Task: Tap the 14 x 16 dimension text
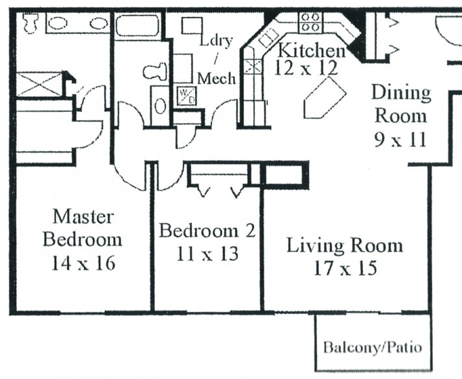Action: [x=83, y=263]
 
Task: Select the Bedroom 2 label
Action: [x=208, y=230]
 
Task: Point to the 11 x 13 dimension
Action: [x=208, y=254]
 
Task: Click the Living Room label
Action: [x=345, y=246]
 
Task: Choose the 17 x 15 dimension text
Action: [x=346, y=268]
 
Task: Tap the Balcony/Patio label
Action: [x=373, y=348]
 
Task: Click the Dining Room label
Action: [x=401, y=104]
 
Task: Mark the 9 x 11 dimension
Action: [x=400, y=140]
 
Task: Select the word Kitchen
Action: [x=312, y=51]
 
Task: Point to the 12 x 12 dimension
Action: [x=306, y=68]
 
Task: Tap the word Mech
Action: [x=217, y=79]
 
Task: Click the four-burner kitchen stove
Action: [x=311, y=21]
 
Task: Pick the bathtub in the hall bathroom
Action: [x=137, y=25]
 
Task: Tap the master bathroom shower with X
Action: [x=40, y=84]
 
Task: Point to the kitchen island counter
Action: [x=325, y=98]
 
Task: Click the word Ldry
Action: [x=216, y=41]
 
